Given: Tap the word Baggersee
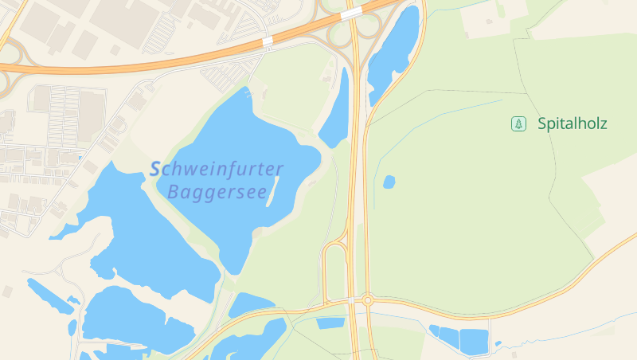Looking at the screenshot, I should click(217, 192).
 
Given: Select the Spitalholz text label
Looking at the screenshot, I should click(572, 123).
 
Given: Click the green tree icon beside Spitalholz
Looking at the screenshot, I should click(518, 123).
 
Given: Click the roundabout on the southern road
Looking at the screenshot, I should click(367, 300).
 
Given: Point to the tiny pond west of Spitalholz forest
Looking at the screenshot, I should click(389, 182).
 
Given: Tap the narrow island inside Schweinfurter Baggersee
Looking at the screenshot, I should click(272, 191).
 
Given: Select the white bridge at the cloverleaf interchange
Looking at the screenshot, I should click(350, 14).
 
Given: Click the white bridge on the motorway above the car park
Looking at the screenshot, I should click(268, 40).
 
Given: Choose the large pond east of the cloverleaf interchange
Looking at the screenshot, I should click(394, 48).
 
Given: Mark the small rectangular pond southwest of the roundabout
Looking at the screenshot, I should click(330, 323).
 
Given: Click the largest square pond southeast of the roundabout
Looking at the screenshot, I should click(474, 341).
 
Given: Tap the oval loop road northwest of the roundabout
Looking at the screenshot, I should click(334, 271).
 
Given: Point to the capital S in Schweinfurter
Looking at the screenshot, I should click(156, 169).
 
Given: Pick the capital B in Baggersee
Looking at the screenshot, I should click(174, 192).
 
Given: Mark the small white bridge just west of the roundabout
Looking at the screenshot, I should click(351, 300).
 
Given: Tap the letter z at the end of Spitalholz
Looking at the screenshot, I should click(603, 123).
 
